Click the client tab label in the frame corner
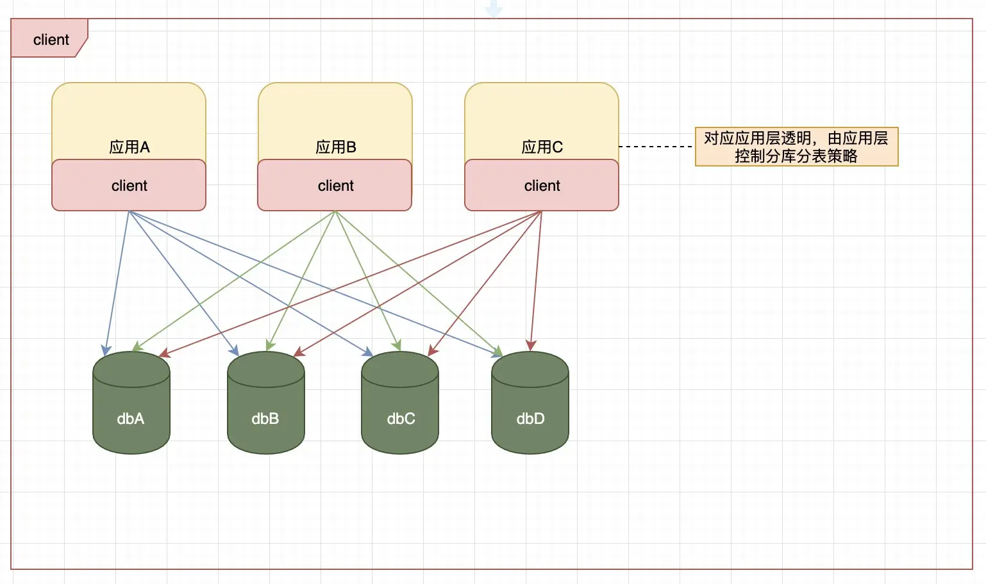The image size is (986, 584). [50, 40]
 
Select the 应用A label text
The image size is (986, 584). [129, 147]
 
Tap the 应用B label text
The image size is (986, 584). [335, 147]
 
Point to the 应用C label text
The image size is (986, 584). [542, 147]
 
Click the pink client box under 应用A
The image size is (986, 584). [129, 186]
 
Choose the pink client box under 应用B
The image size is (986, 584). [335, 186]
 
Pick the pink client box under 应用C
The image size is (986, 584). [542, 186]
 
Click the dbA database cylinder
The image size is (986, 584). [131, 410]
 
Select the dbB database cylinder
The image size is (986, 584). [266, 410]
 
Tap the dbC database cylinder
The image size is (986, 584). [400, 410]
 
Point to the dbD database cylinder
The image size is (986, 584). [530, 410]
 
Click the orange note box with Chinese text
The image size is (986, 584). [796, 147]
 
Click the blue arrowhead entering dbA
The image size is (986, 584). [106, 350]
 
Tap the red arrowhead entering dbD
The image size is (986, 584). [531, 346]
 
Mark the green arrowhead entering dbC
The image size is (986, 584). [398, 346]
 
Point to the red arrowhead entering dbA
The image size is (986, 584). [164, 353]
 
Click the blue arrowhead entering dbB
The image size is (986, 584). [235, 351]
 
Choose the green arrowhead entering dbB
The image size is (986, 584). [270, 346]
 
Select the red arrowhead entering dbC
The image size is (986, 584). [432, 350]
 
